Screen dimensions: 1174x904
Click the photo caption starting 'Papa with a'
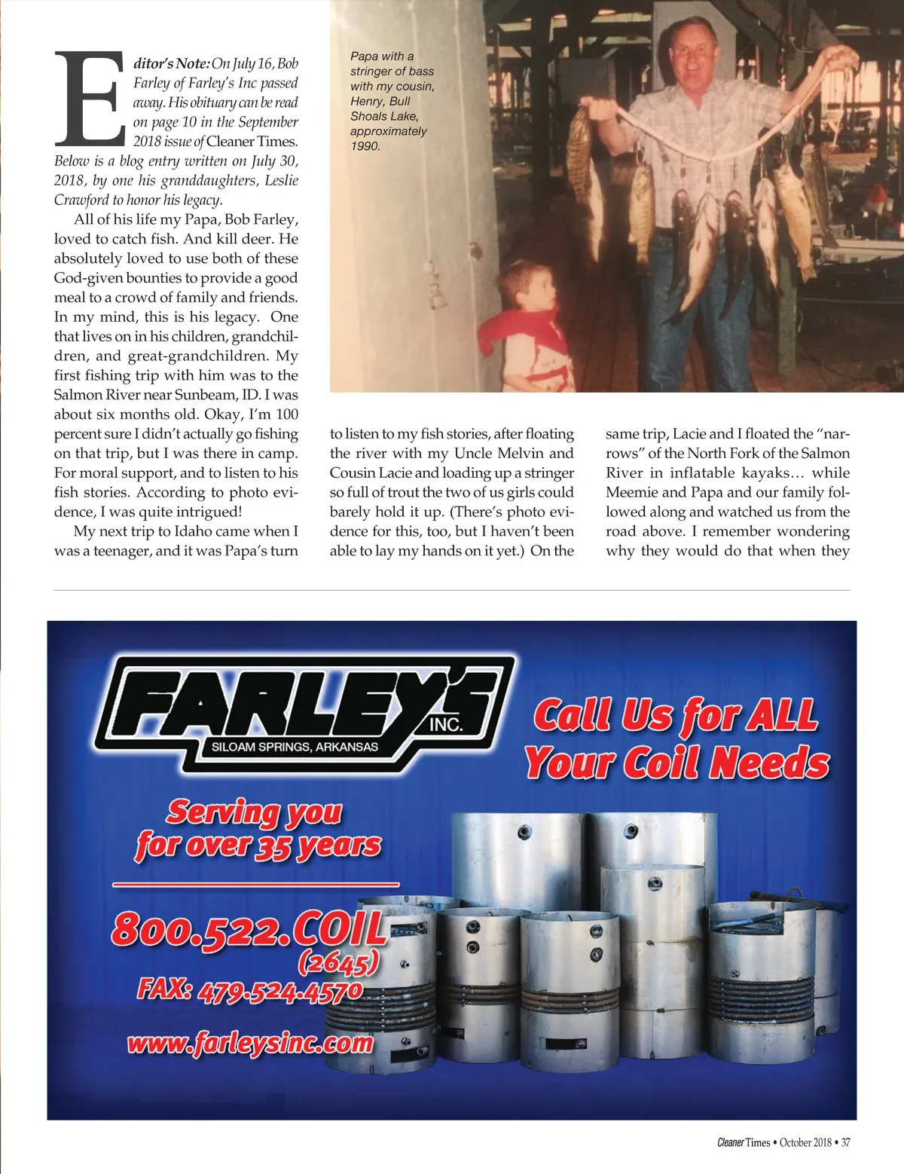click(x=392, y=100)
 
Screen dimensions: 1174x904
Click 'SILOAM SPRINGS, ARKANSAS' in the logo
click(x=295, y=747)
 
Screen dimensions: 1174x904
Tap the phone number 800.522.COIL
click(x=249, y=928)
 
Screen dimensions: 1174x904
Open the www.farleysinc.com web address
click(x=250, y=1044)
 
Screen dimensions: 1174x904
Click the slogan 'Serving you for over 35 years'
click(x=256, y=829)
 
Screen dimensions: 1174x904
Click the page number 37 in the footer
click(x=845, y=1142)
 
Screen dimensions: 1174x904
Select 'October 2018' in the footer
click(x=805, y=1142)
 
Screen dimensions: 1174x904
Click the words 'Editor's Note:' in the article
click(x=171, y=63)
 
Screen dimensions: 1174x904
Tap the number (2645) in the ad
click(x=338, y=962)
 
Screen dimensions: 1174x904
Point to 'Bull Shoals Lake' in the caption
click(x=384, y=109)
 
